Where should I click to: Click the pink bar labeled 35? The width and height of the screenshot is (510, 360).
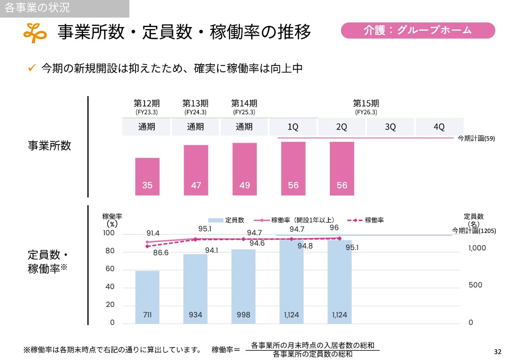coord(147,176)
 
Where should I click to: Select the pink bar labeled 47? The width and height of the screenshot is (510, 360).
coord(196,170)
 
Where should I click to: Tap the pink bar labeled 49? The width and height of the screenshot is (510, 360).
coord(244,169)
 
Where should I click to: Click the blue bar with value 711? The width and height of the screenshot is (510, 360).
coord(147,297)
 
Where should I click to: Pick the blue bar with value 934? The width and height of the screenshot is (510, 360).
coord(195,289)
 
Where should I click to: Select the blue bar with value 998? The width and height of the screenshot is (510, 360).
coord(243,286)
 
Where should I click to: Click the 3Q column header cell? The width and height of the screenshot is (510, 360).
coord(390,127)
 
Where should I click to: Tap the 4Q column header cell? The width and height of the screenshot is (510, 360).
coord(439,127)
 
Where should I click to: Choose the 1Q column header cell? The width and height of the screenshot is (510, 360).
coord(293,127)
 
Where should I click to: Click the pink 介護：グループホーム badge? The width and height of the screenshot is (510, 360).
coord(418,30)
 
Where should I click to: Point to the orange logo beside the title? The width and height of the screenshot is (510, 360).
coord(35,33)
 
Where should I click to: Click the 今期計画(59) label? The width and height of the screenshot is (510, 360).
coord(476,139)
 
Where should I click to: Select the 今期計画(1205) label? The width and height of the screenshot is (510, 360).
coord(474,231)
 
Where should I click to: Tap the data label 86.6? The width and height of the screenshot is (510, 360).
coord(161,252)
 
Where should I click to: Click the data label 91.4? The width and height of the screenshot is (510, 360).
coord(153,233)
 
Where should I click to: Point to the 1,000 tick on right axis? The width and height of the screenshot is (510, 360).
coord(477,248)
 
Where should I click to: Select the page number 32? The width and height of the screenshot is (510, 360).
coord(497,352)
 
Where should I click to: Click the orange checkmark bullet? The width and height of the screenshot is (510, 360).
coord(32,68)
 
